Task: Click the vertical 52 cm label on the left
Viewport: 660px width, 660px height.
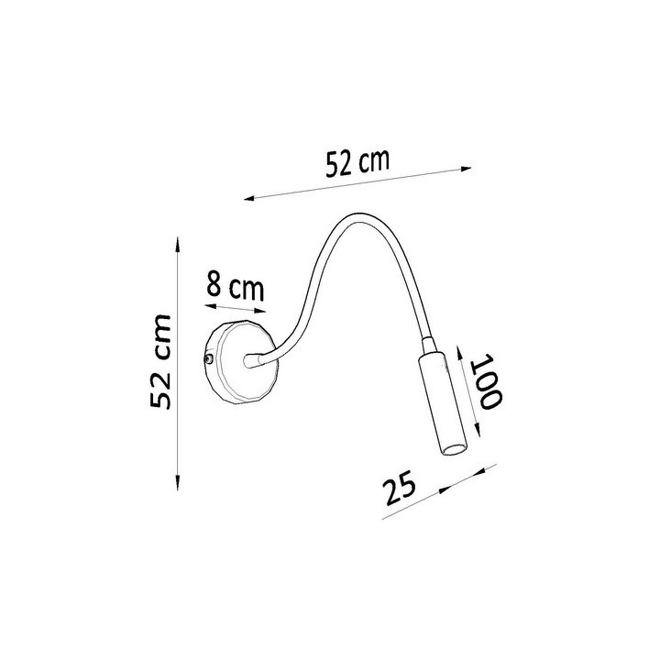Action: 160,361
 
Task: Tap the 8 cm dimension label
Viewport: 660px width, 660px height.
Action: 236,287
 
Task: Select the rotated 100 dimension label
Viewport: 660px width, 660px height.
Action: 487,381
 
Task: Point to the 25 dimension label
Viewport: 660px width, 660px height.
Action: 399,486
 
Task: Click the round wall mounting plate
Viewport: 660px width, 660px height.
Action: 239,362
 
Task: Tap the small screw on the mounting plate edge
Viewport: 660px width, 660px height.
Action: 209,358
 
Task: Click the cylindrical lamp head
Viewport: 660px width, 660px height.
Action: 444,405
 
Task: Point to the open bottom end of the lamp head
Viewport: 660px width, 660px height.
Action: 454,449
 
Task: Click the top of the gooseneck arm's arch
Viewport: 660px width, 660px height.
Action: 357,216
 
